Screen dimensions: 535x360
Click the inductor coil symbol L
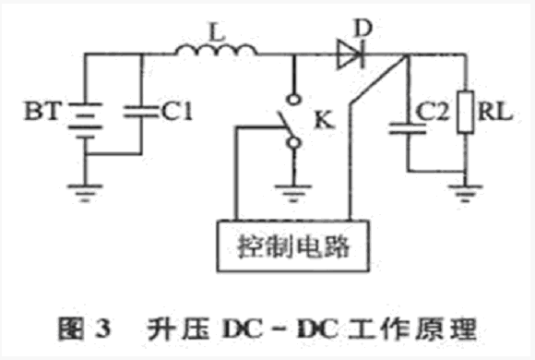pyautogui.click(x=217, y=50)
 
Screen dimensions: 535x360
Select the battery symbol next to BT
pyautogui.click(x=85, y=120)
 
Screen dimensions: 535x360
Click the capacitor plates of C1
pyautogui.click(x=141, y=112)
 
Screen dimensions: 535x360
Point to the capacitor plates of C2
pyautogui.click(x=408, y=128)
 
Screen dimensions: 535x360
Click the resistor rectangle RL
pyautogui.click(x=466, y=112)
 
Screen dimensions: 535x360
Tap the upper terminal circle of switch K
pyautogui.click(x=293, y=100)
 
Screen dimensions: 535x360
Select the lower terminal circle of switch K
pyautogui.click(x=293, y=143)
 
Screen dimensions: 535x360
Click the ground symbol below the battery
pyautogui.click(x=85, y=193)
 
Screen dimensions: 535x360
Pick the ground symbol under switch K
pyautogui.click(x=293, y=193)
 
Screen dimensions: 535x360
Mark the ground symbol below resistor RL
pyautogui.click(x=465, y=193)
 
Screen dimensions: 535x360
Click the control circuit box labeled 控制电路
pyautogui.click(x=293, y=246)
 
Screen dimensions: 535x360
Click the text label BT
pyautogui.click(x=43, y=111)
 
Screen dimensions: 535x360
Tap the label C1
pyautogui.click(x=177, y=112)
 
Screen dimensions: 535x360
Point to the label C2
pyautogui.click(x=433, y=112)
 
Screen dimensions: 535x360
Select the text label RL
pyautogui.click(x=495, y=111)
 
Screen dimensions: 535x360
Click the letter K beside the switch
pyautogui.click(x=324, y=120)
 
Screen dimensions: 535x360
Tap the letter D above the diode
pyautogui.click(x=363, y=28)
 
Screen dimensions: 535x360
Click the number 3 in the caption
pyautogui.click(x=102, y=329)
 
